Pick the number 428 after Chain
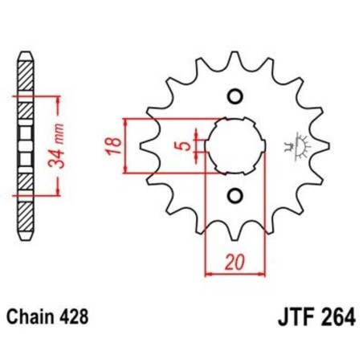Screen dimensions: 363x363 81,316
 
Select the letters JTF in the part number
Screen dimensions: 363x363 275,316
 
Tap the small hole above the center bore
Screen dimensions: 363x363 235,97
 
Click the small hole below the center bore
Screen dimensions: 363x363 235,195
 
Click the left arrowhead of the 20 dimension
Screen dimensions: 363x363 208,273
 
